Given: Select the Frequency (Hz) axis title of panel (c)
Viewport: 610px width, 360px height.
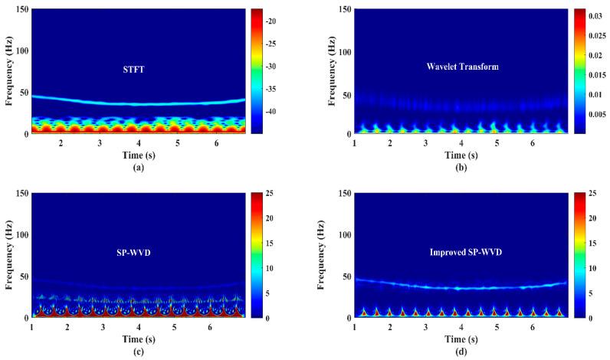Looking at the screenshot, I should click(8, 256).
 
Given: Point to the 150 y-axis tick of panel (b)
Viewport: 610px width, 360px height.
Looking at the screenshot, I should click(343, 9).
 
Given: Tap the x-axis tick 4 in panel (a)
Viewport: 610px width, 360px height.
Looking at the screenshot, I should click(139, 143).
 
